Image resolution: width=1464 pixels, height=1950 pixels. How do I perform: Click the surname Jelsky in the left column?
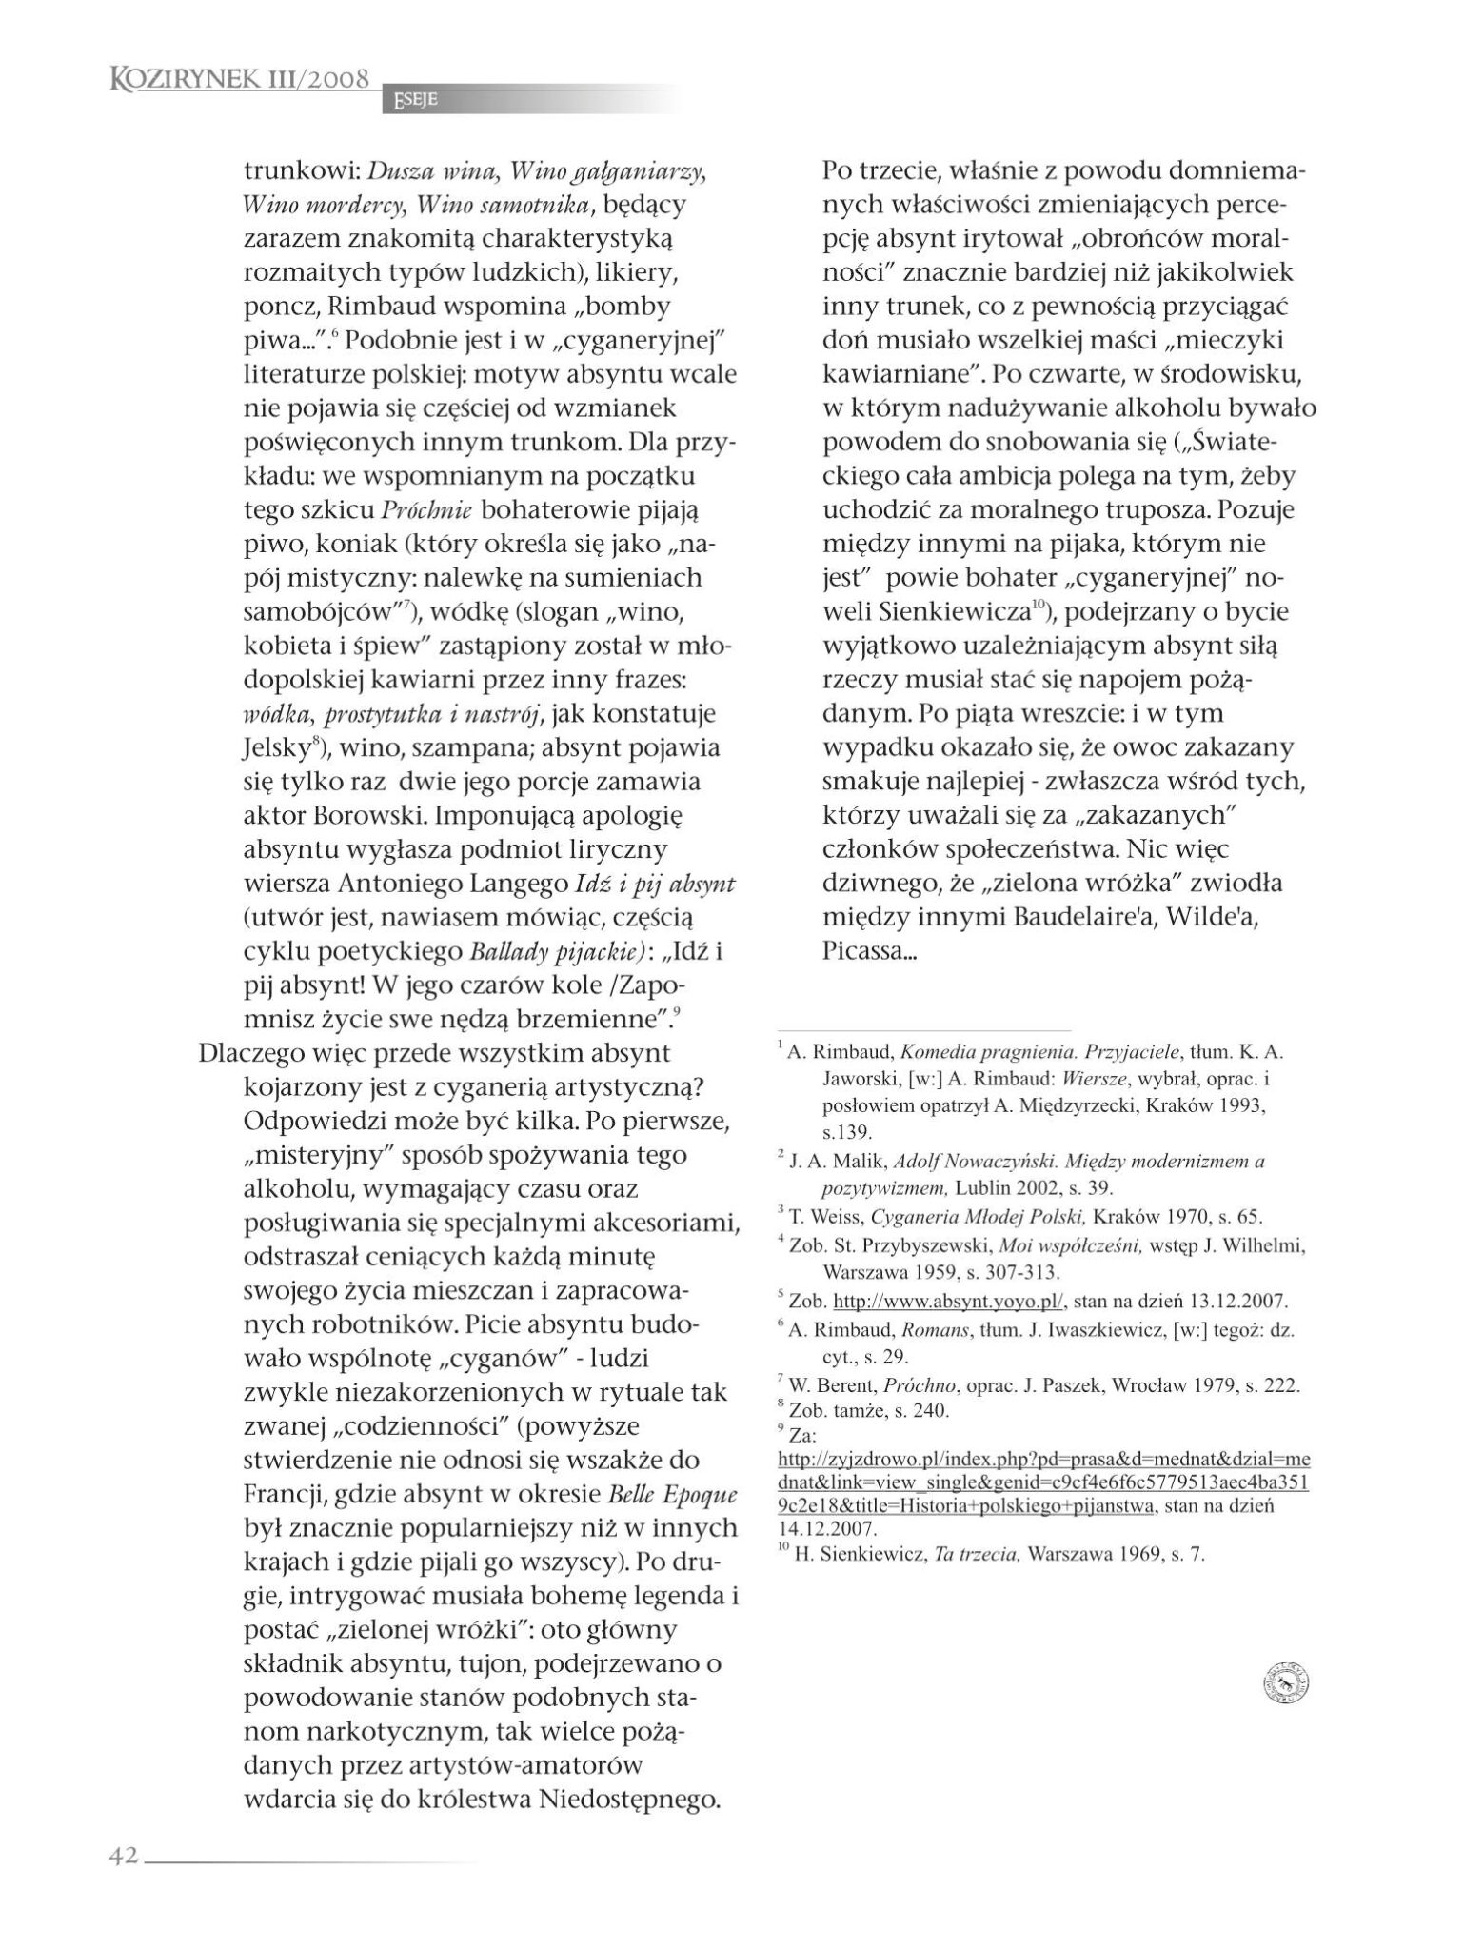pyautogui.click(x=278, y=748)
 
